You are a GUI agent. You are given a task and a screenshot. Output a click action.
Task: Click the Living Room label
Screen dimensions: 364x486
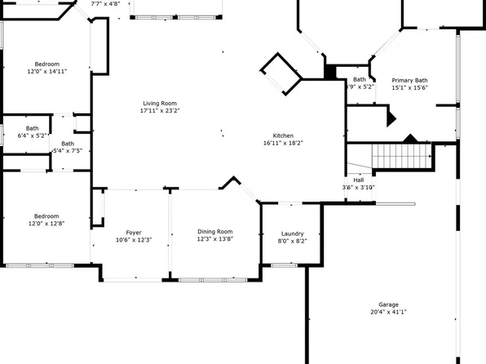(x=160, y=103)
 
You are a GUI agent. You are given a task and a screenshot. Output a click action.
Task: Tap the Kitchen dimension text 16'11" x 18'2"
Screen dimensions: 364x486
(x=284, y=144)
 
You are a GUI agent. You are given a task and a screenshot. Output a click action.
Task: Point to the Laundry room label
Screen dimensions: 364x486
(x=292, y=233)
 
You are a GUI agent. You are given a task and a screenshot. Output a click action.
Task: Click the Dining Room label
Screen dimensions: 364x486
(x=214, y=231)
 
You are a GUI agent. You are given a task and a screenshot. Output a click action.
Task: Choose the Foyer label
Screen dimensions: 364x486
(x=134, y=233)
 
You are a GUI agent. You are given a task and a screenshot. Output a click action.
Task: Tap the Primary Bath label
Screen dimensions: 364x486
(x=409, y=80)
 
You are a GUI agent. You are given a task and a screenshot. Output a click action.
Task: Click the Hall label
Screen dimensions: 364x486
(x=359, y=180)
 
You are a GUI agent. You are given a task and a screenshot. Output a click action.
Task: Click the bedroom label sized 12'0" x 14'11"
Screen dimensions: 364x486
(x=46, y=64)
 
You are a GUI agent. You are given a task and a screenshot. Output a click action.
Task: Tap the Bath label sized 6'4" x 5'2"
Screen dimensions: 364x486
(x=32, y=128)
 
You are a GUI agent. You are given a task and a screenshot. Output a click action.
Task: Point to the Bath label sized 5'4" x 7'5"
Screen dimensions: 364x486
(x=67, y=144)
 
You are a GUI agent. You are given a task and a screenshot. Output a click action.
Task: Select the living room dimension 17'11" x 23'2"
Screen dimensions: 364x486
(x=160, y=111)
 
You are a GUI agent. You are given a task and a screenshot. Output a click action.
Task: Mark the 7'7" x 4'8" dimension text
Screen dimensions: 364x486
(x=105, y=4)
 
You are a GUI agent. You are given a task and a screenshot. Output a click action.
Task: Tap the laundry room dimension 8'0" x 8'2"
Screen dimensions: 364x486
(x=292, y=241)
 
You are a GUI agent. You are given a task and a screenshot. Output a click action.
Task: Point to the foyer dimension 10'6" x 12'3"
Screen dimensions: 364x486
(x=134, y=240)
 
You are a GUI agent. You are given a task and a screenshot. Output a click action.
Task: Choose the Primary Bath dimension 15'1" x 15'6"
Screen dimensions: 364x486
(x=409, y=88)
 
